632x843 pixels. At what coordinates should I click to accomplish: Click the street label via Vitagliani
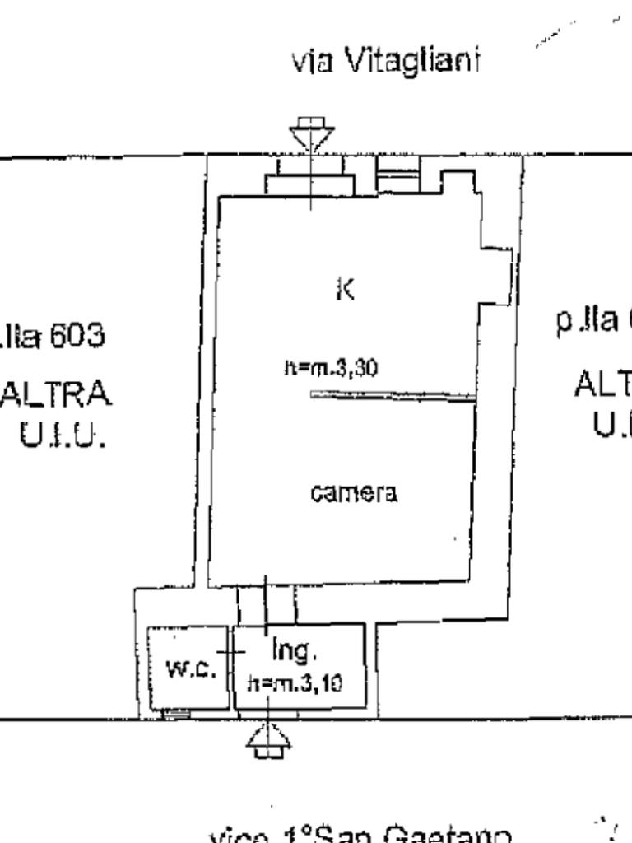(x=385, y=62)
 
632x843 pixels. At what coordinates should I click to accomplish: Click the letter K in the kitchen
(x=345, y=290)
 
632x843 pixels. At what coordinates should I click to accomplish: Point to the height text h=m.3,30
(x=331, y=368)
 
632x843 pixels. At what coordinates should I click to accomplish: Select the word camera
(x=354, y=493)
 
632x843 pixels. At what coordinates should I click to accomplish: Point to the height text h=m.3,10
(x=295, y=682)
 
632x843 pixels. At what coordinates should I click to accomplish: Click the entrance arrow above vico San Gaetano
(x=269, y=740)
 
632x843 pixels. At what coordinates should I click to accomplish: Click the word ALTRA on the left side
(x=56, y=394)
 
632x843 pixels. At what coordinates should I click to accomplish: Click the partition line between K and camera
(x=393, y=396)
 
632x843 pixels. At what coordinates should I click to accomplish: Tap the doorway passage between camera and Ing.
(x=266, y=606)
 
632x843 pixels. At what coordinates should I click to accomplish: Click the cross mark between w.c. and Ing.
(x=231, y=651)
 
